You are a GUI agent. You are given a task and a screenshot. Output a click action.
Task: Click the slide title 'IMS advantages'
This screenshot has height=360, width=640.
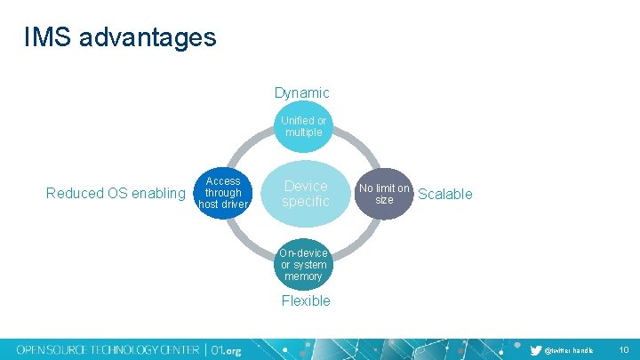tap(120, 37)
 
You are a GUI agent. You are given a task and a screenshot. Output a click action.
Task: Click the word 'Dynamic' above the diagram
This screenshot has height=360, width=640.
tap(301, 92)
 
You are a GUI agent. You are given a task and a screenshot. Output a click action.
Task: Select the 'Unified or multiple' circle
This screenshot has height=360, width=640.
tap(303, 126)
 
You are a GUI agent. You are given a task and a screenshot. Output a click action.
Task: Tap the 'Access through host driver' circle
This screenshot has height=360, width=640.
tap(222, 193)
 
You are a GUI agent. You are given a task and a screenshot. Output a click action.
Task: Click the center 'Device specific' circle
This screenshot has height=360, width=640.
tap(305, 194)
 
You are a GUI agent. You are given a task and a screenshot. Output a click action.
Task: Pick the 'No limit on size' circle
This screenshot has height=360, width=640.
tap(384, 194)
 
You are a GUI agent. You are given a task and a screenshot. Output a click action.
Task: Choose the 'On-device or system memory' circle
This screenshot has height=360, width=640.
tap(303, 264)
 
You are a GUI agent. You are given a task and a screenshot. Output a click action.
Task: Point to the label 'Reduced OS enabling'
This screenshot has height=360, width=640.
tap(116, 194)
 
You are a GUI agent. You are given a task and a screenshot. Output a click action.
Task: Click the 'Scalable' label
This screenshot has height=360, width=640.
tap(444, 194)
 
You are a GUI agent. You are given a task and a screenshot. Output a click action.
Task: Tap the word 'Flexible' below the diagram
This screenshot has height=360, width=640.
tap(305, 300)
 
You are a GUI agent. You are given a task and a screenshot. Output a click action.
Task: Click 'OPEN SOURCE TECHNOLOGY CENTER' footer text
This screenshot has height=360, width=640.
tap(108, 349)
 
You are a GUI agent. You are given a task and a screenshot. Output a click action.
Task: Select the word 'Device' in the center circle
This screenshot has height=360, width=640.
tap(305, 186)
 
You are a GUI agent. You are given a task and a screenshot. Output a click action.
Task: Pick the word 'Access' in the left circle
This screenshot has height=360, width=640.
tap(222, 180)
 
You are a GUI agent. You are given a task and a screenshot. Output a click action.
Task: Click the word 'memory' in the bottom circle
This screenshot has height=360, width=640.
tap(303, 276)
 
